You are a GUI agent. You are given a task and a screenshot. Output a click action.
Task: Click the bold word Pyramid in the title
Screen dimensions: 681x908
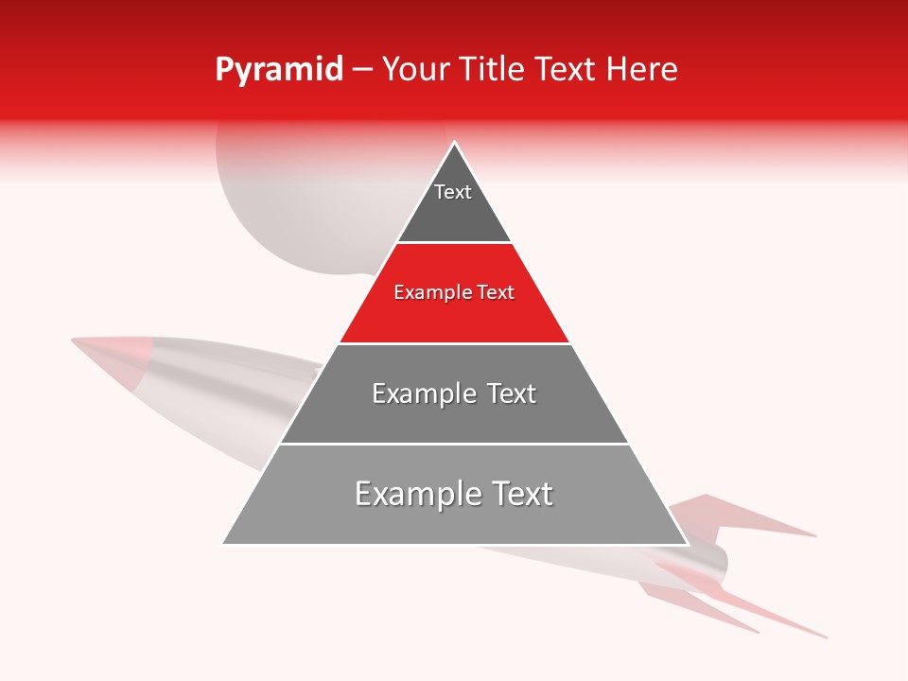point(279,70)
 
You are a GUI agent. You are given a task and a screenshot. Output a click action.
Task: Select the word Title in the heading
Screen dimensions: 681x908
point(493,70)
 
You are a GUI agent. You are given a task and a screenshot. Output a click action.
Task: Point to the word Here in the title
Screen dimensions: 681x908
point(642,70)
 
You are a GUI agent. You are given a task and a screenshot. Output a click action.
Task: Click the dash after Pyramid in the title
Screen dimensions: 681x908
point(362,71)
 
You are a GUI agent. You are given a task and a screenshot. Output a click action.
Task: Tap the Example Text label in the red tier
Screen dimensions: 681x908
point(454,293)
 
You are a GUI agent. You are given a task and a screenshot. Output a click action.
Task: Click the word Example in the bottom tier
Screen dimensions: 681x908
point(413,494)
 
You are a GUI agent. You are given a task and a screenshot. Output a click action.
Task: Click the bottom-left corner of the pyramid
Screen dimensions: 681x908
point(223,543)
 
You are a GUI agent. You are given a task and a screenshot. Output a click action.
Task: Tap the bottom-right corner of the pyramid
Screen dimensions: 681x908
point(687,544)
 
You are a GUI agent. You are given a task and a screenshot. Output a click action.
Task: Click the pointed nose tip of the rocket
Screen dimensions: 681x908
point(74,340)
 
